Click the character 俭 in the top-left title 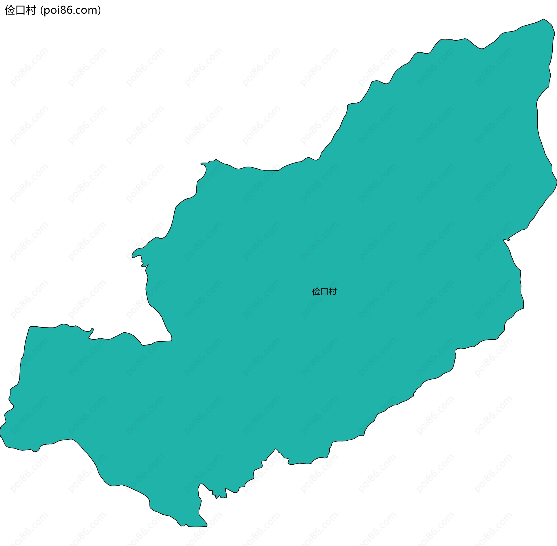click(10, 10)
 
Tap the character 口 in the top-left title click(20, 10)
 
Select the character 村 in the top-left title click(31, 10)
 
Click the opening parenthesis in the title click(42, 10)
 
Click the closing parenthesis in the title click(100, 10)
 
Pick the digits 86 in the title click(68, 10)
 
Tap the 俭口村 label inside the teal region click(324, 291)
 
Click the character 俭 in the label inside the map click(316, 291)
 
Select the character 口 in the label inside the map click(324, 291)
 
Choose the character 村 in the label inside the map click(333, 291)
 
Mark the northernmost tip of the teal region click(544, 19)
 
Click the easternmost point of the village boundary click(556, 181)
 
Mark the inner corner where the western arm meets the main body click(171, 340)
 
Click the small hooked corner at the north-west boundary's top click(202, 164)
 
